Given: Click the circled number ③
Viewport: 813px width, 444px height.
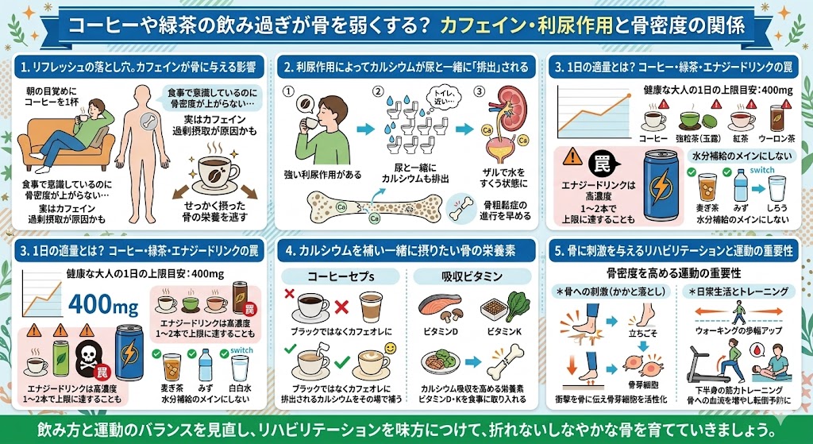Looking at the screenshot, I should click(x=478, y=91).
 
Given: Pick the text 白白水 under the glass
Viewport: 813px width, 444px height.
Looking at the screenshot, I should click(x=240, y=385).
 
